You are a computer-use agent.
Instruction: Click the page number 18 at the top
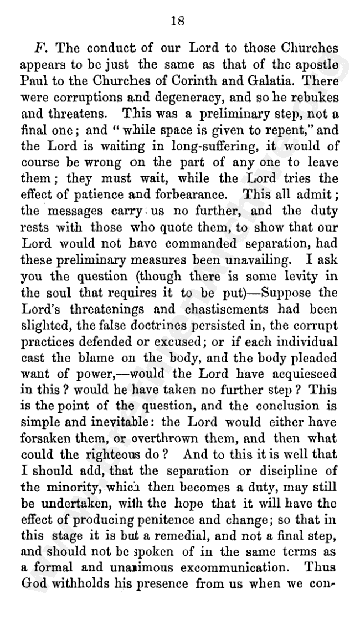click(x=178, y=22)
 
